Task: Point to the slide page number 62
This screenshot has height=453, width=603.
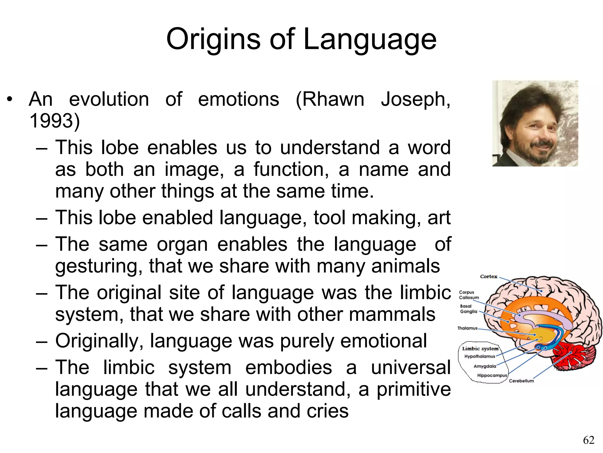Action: (589, 440)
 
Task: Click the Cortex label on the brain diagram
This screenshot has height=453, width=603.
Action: (488, 277)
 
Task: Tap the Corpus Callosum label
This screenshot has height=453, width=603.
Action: (468, 295)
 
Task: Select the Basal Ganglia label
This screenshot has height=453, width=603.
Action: (468, 309)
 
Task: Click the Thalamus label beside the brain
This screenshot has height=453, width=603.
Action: (467, 328)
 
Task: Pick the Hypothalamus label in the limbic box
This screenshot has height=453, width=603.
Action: (480, 356)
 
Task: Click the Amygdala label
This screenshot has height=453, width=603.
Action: (485, 366)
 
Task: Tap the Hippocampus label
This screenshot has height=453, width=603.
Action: (492, 375)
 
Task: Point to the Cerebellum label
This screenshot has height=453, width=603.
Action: (521, 381)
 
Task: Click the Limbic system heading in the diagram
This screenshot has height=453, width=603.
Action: (480, 349)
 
